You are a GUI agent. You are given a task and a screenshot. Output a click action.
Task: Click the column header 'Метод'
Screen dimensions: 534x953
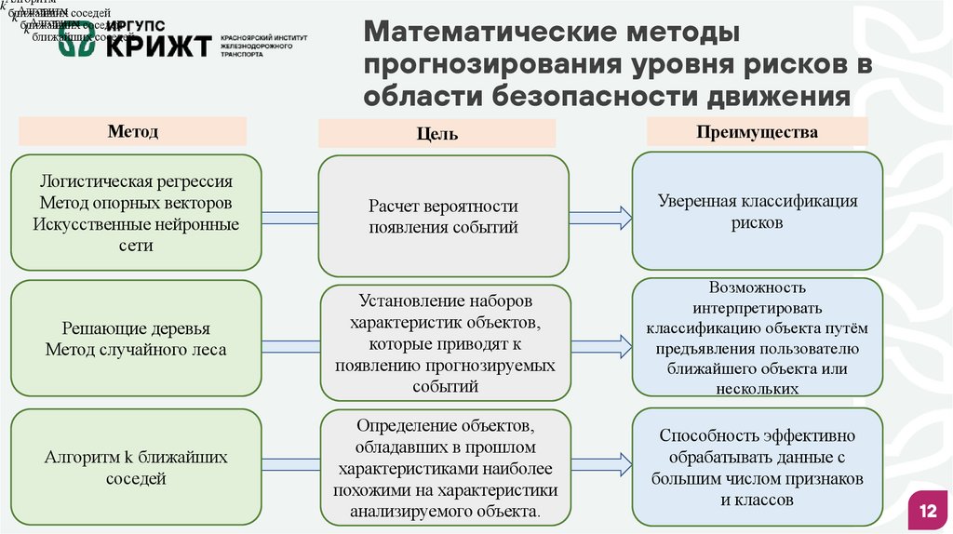[x=133, y=131]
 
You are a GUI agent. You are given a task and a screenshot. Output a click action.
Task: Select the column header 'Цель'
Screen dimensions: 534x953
[x=436, y=134]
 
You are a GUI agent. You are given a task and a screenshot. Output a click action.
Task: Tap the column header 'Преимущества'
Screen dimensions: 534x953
[x=757, y=132]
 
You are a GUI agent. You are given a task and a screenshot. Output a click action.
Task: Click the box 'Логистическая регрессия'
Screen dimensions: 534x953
[x=136, y=213]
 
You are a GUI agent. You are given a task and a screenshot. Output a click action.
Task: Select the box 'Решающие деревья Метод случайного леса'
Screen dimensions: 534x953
[x=136, y=340]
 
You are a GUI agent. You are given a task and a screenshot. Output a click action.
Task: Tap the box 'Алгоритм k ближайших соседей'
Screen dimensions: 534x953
[x=136, y=468]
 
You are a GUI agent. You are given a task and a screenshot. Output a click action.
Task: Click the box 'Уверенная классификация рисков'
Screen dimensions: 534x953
[x=757, y=212]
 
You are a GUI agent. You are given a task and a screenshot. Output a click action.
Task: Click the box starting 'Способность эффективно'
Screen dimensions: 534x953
[x=757, y=468]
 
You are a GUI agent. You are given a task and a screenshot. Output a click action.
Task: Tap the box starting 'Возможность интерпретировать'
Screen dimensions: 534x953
[x=757, y=338]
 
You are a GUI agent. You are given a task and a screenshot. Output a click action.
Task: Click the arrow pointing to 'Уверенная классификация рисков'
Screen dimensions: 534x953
[x=600, y=218]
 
